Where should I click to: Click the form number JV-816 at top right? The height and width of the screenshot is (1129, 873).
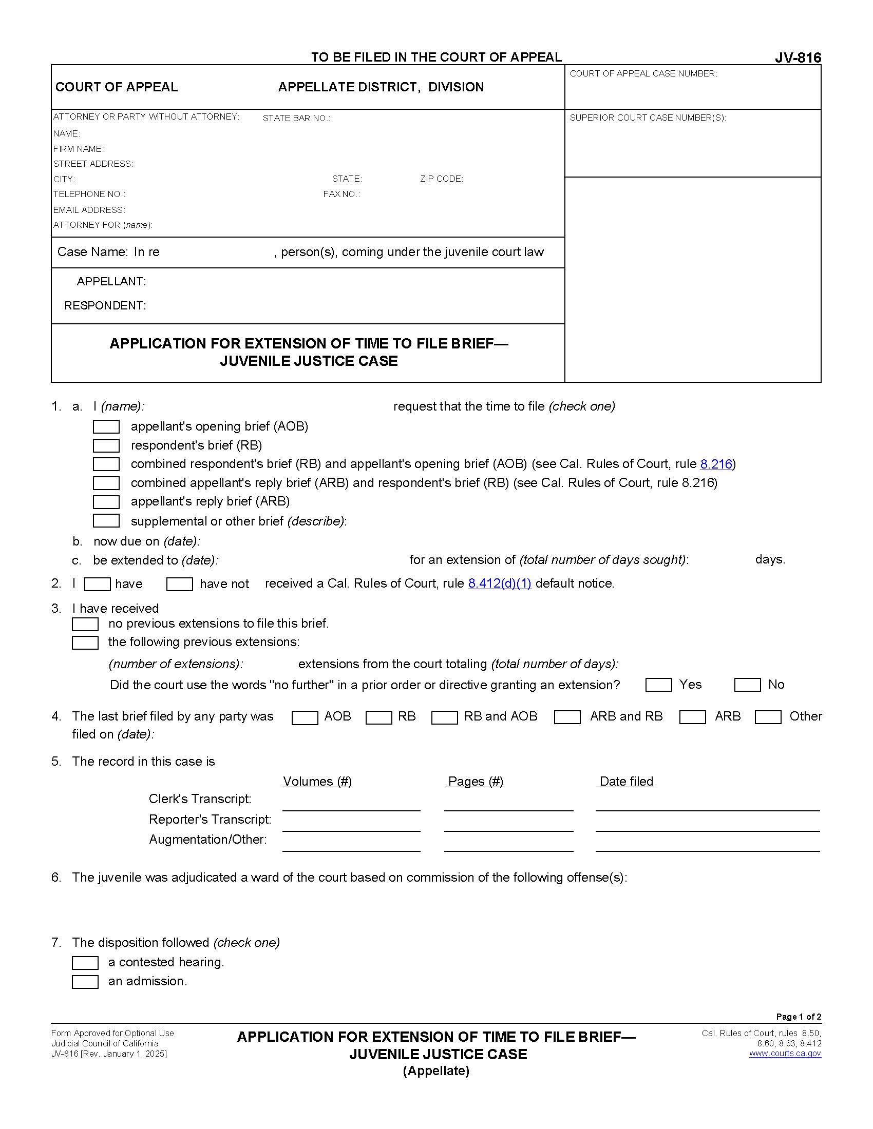click(798, 58)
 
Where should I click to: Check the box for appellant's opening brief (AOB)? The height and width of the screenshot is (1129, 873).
click(106, 426)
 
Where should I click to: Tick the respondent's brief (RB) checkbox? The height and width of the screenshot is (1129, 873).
click(106, 445)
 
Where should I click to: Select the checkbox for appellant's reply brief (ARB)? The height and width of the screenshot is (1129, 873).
click(106, 502)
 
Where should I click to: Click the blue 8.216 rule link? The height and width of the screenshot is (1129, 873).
click(716, 464)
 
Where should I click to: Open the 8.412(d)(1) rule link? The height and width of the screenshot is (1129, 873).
click(500, 583)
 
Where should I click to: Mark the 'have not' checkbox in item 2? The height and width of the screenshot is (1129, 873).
click(179, 585)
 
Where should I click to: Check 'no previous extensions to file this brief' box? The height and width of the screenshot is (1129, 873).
click(85, 624)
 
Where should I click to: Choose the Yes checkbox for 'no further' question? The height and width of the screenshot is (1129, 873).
click(658, 685)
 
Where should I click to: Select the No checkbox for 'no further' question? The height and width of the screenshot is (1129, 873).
click(747, 685)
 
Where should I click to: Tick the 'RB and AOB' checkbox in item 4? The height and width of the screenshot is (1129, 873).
click(444, 717)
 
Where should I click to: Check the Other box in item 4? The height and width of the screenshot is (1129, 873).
click(768, 717)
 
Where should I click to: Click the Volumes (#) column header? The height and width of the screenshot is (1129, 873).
click(317, 781)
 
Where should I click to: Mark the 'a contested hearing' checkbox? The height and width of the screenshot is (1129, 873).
click(85, 963)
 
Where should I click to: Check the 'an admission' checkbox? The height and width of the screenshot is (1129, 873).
click(85, 982)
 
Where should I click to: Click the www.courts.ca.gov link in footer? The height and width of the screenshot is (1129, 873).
click(785, 1054)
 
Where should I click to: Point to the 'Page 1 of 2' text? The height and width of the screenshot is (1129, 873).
click(798, 1016)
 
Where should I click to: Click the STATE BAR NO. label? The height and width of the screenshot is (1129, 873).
click(296, 119)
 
